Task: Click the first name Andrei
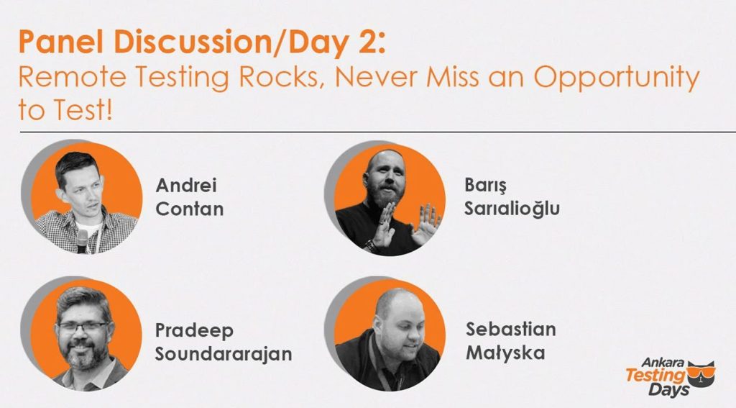(186, 186)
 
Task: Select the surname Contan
(190, 209)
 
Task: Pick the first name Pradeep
(194, 331)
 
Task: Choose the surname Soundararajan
(224, 354)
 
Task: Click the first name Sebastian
(510, 330)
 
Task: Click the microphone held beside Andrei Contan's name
(83, 240)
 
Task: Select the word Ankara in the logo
(663, 363)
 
